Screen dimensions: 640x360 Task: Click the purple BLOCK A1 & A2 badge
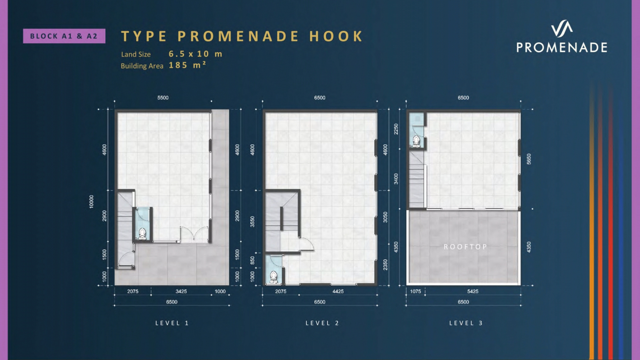point(64,36)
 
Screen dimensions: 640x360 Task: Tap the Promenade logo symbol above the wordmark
point(562,28)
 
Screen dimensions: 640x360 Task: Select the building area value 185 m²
point(187,65)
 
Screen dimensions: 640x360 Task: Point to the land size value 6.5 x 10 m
point(195,54)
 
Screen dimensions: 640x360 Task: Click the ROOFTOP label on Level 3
point(465,247)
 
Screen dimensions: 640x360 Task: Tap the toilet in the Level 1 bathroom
point(142,234)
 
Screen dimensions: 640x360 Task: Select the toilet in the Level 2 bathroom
point(273,277)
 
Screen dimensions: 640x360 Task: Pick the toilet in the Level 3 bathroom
point(416,141)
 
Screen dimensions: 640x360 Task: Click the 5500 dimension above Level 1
point(163,98)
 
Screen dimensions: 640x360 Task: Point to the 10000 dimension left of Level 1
point(91,202)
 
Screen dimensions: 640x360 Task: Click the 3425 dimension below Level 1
point(181,291)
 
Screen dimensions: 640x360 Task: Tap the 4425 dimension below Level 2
point(338,291)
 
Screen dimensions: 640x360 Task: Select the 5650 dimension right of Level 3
point(529,159)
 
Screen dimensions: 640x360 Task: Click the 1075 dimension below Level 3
point(415,291)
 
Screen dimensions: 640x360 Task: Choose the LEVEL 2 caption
point(322,323)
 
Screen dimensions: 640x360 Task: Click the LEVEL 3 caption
point(466,323)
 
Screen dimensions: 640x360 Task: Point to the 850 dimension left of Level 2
point(252,260)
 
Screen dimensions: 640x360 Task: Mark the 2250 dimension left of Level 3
point(396,129)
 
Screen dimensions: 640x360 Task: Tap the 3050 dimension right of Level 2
point(385,217)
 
